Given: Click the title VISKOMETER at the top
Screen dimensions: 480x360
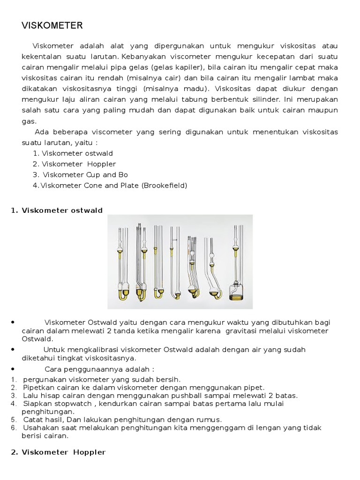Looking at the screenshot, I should tap(52, 26).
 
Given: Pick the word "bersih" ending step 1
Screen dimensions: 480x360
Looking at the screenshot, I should tap(169, 379).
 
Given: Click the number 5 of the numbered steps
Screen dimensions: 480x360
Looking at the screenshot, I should tap(14, 419).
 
